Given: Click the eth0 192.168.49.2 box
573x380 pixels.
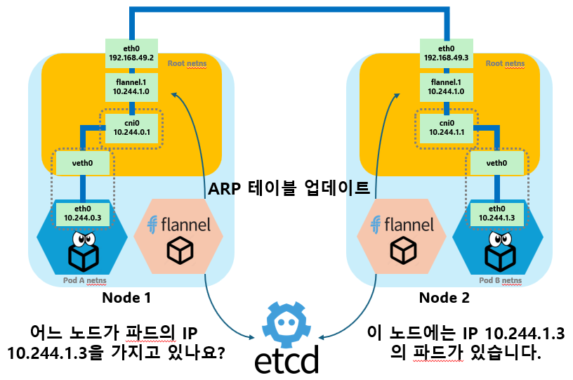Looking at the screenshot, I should [x=131, y=53].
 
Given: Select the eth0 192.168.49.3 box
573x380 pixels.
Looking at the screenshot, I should [x=447, y=53].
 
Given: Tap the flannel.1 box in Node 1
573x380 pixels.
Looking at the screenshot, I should [x=131, y=87].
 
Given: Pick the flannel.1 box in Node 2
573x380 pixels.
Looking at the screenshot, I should [x=447, y=87].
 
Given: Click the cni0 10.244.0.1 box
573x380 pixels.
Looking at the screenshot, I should [x=131, y=127].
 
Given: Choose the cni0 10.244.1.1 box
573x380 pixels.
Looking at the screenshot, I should [x=447, y=127].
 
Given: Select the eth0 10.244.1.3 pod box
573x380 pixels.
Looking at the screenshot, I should [x=496, y=213].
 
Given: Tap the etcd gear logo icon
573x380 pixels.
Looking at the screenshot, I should [x=286, y=325].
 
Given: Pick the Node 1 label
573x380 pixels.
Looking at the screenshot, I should [x=126, y=297].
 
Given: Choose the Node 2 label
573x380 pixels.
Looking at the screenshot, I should [x=444, y=297].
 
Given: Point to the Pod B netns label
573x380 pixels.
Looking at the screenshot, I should [x=500, y=280].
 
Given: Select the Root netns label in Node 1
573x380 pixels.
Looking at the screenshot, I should [x=187, y=64].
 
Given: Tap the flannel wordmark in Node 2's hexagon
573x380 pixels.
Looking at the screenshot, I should [x=403, y=225].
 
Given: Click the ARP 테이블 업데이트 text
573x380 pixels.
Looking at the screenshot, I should [x=289, y=188].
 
